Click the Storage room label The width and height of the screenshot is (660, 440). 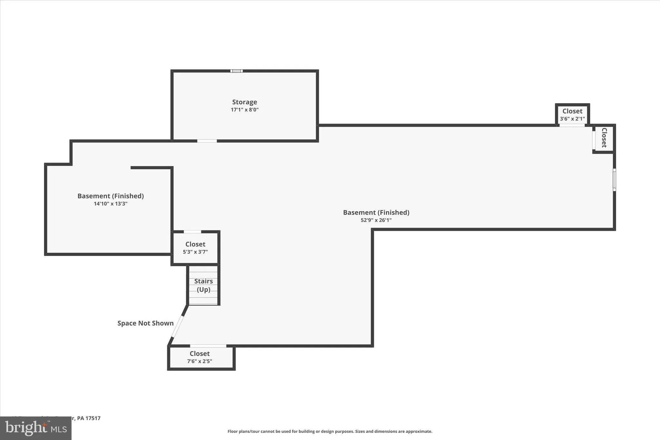[x=245, y=102]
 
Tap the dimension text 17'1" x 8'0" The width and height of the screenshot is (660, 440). [x=245, y=110]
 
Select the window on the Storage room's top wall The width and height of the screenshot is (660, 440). [x=236, y=71]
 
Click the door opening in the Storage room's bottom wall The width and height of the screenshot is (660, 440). [x=207, y=141]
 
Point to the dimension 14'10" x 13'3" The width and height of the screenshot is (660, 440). [x=111, y=204]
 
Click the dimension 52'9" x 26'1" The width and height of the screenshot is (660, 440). [x=376, y=220]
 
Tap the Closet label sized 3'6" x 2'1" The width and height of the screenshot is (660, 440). [x=572, y=111]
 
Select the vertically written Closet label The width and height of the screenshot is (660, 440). [x=604, y=138]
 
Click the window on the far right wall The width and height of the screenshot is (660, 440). [x=614, y=180]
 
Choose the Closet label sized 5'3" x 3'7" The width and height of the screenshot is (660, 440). [x=195, y=244]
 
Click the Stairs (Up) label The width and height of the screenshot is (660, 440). [x=203, y=285]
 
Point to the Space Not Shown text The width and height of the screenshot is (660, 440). [x=145, y=323]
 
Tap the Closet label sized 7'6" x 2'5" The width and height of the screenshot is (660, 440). [x=199, y=354]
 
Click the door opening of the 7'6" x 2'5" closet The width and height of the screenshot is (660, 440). [x=208, y=346]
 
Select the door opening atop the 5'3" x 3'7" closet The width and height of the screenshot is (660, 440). [x=192, y=232]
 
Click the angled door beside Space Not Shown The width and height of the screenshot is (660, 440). [x=178, y=326]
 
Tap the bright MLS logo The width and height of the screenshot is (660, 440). [x=35, y=428]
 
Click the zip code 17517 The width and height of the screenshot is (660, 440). [x=93, y=418]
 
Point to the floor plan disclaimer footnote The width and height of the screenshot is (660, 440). [x=330, y=431]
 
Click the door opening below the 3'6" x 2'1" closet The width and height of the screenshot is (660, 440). [x=572, y=125]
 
